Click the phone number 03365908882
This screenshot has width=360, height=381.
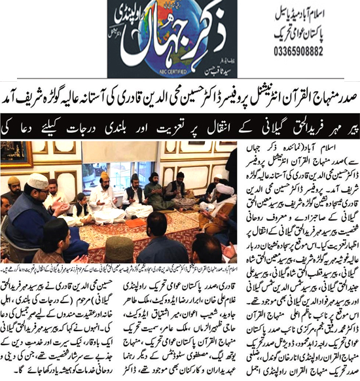(x=319, y=50)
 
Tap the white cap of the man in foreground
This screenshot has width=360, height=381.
(x=37, y=181)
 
